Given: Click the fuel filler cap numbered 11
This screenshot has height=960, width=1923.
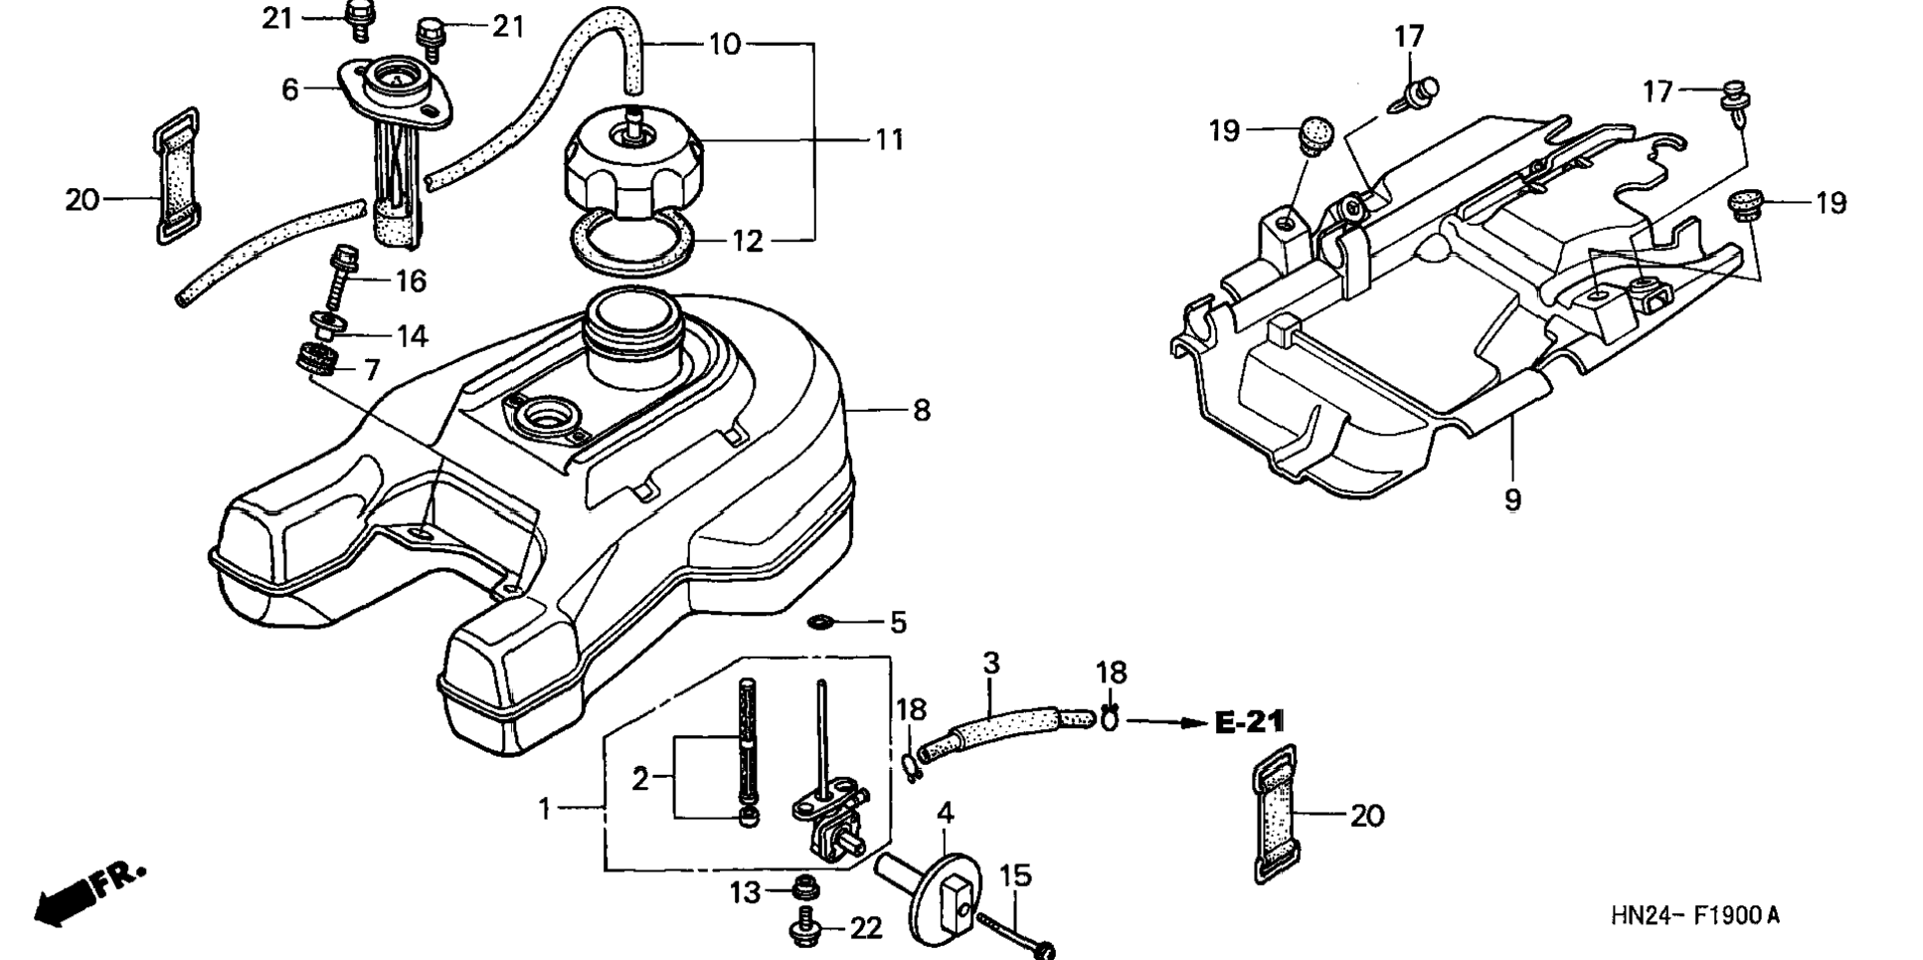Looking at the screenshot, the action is coord(633,169).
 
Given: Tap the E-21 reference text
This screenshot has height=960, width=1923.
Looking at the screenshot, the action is coord(1250,721).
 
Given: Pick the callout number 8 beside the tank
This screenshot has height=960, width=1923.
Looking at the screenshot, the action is coord(922,410).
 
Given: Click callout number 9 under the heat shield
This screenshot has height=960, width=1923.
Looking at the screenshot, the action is coord(1512,499).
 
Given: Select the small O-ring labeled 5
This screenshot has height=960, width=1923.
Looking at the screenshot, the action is coord(821,623).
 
